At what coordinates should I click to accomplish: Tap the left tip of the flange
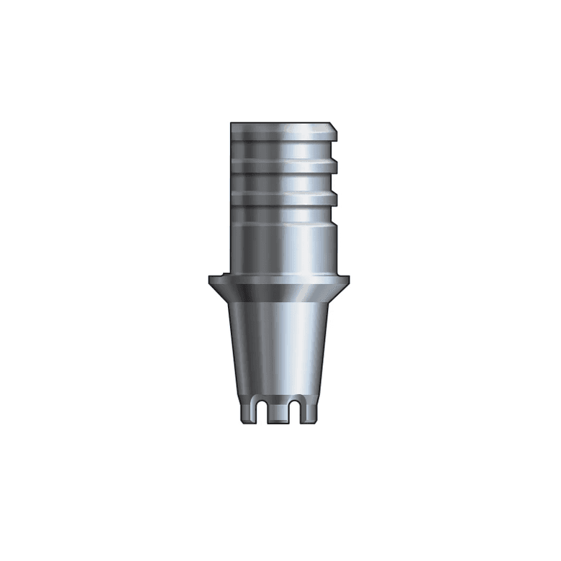pos(210,278)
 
